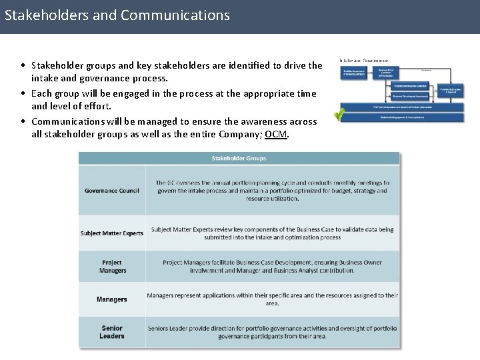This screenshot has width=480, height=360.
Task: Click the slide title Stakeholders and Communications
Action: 117,15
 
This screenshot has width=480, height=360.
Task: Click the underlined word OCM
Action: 276,134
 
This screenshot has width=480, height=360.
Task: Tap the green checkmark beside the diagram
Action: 339,114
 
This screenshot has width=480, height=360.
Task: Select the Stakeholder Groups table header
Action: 239,159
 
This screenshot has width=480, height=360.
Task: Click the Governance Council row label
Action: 112,191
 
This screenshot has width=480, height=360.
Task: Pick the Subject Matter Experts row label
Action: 112,233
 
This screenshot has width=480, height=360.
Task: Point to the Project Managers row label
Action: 112,267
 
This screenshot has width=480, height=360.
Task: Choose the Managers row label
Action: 112,299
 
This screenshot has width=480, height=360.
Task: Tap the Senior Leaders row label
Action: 112,332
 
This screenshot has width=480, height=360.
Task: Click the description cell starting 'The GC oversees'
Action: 272,190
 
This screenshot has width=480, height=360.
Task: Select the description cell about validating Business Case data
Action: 272,233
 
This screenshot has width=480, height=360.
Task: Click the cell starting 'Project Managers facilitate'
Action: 272,266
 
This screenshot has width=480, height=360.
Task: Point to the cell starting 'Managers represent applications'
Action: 272,299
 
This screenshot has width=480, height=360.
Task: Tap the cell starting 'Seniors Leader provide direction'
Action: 272,332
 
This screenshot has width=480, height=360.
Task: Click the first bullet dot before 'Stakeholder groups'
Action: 23,66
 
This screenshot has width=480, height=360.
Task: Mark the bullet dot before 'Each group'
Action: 23,94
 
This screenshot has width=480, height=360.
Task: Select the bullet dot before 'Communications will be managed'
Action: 23,122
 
